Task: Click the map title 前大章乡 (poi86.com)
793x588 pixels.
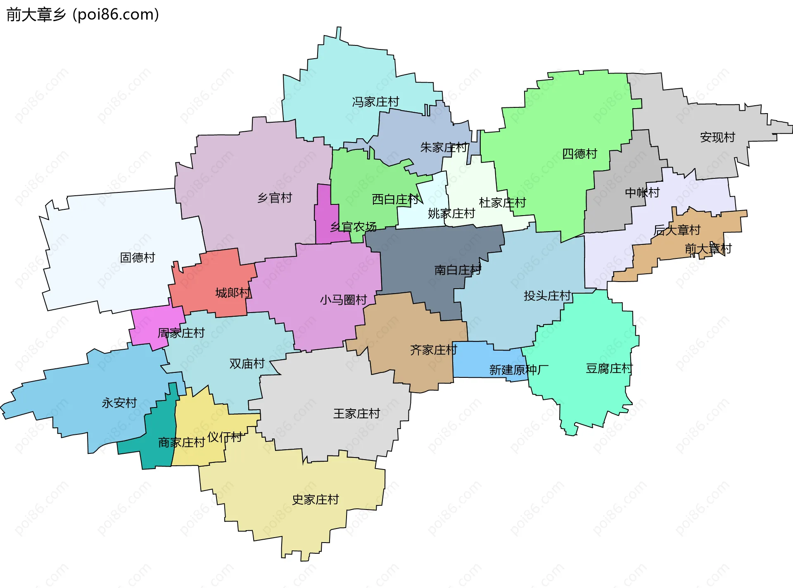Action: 83,15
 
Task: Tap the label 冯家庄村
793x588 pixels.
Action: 375,102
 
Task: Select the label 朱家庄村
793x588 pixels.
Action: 444,147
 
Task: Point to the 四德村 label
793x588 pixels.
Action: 579,154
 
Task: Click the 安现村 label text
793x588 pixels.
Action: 717,137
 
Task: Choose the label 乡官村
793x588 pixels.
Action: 275,198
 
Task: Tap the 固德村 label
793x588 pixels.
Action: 138,258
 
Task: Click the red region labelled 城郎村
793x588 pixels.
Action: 215,281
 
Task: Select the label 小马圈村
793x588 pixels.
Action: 343,299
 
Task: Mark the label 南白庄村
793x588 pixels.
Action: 458,270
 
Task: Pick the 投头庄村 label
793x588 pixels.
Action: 547,296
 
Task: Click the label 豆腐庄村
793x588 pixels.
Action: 609,368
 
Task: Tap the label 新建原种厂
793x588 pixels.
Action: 519,370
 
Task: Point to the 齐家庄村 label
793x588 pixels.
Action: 433,350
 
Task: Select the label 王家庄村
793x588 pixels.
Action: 356,413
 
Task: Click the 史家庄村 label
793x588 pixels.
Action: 315,500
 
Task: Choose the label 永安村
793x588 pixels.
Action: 119,403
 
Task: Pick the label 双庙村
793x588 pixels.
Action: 247,363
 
